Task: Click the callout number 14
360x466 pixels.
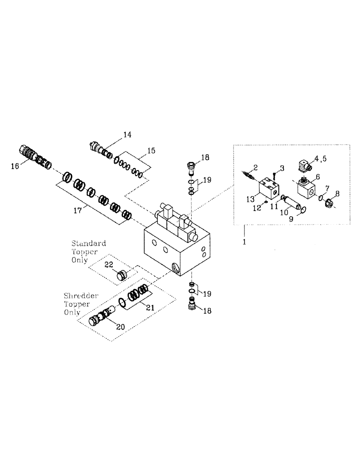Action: [x=127, y=135]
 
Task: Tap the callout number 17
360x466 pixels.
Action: [x=78, y=210]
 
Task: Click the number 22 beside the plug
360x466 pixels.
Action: [x=108, y=264]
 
